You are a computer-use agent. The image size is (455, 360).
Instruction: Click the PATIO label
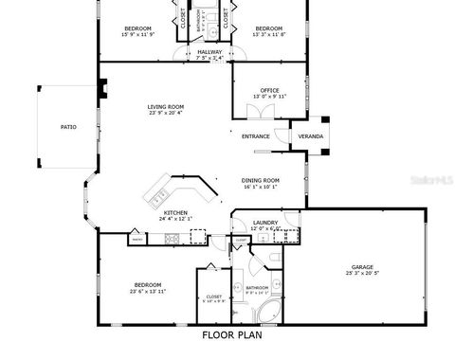(68, 126)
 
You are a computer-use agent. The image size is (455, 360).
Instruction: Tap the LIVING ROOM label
(165, 106)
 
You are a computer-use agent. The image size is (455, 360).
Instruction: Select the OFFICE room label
(268, 90)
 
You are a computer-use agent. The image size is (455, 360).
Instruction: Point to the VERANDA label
(310, 136)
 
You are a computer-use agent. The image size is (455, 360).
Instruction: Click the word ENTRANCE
(256, 136)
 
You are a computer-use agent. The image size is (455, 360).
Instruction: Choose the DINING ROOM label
(259, 180)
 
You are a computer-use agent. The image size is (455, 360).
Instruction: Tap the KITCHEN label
(175, 212)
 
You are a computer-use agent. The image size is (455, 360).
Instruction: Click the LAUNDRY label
(264, 223)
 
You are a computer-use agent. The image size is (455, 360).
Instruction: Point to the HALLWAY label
(209, 52)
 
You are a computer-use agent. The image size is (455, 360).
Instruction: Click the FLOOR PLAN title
(232, 334)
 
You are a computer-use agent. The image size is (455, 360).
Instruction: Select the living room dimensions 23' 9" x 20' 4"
(165, 113)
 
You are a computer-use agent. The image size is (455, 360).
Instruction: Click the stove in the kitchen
(173, 238)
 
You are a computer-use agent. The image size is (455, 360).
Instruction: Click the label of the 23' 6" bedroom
(147, 284)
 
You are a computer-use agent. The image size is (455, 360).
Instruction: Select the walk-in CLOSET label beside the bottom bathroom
(214, 297)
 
